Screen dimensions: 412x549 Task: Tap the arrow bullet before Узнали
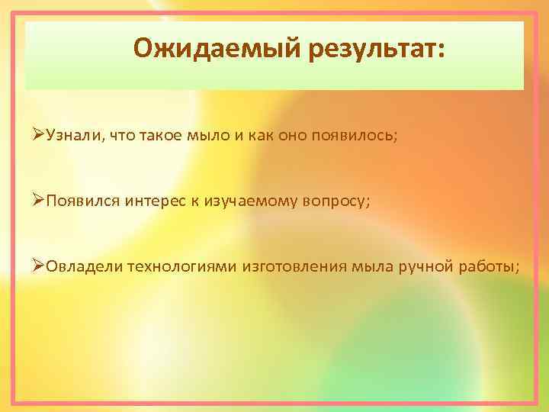tap(39, 135)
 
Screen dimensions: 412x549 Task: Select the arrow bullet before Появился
tap(39, 200)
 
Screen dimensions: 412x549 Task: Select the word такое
tap(156, 135)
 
